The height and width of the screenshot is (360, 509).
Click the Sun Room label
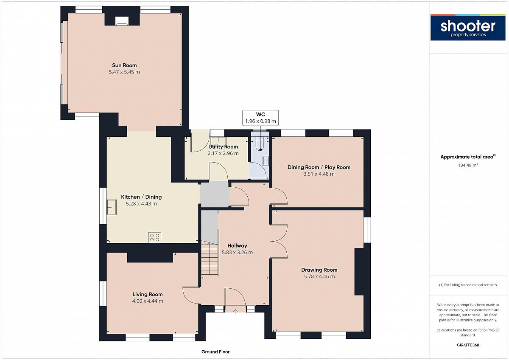[x=124, y=65]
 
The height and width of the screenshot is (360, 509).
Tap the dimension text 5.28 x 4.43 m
[x=141, y=203]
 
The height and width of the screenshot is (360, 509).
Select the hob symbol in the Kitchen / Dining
[x=155, y=237]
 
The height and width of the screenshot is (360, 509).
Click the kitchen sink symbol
[x=112, y=207]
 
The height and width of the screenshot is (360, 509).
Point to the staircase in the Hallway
[x=210, y=259]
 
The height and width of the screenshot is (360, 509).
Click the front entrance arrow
[x=235, y=311]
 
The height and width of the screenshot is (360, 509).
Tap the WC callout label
[x=260, y=114]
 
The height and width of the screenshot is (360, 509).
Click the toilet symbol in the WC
[x=260, y=144]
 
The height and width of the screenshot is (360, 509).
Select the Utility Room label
[x=223, y=147]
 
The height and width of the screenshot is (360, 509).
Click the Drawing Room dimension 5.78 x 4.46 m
[x=319, y=276]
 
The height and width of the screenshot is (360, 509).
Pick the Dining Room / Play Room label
[x=319, y=167]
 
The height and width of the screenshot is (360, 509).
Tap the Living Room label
[x=148, y=294]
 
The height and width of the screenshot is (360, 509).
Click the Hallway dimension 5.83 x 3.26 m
[x=237, y=252]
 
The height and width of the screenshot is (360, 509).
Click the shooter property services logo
[x=468, y=28]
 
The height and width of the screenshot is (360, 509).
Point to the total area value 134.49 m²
[x=468, y=165]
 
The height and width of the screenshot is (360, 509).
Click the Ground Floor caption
[x=215, y=352]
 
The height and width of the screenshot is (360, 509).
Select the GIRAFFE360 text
[x=468, y=345]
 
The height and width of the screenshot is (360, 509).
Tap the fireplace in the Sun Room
[x=122, y=21]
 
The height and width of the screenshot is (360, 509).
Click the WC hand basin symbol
[x=266, y=161]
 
